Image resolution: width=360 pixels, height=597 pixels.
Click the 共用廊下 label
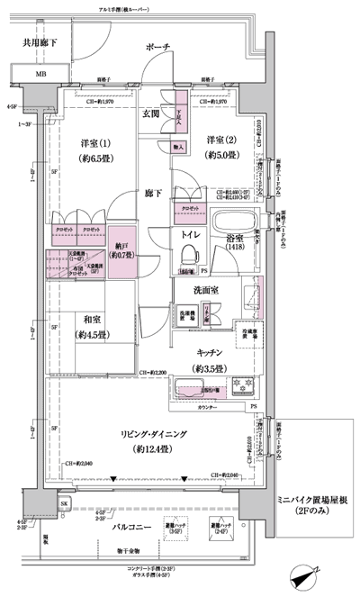click(x=40, y=41)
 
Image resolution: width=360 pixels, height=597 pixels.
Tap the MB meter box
click(x=41, y=74)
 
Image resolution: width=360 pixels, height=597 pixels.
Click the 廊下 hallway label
click(x=153, y=192)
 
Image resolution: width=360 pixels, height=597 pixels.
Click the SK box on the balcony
click(x=64, y=503)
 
